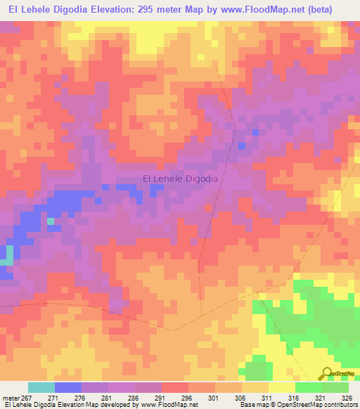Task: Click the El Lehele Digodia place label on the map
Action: tap(181, 179)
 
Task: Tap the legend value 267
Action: tap(26, 398)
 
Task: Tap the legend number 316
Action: tap(295, 398)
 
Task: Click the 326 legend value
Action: tap(348, 398)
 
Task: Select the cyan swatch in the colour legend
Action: tap(41, 387)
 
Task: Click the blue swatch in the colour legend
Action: tap(68, 387)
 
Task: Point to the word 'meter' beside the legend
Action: tap(11, 398)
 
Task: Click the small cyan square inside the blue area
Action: tap(51, 221)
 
